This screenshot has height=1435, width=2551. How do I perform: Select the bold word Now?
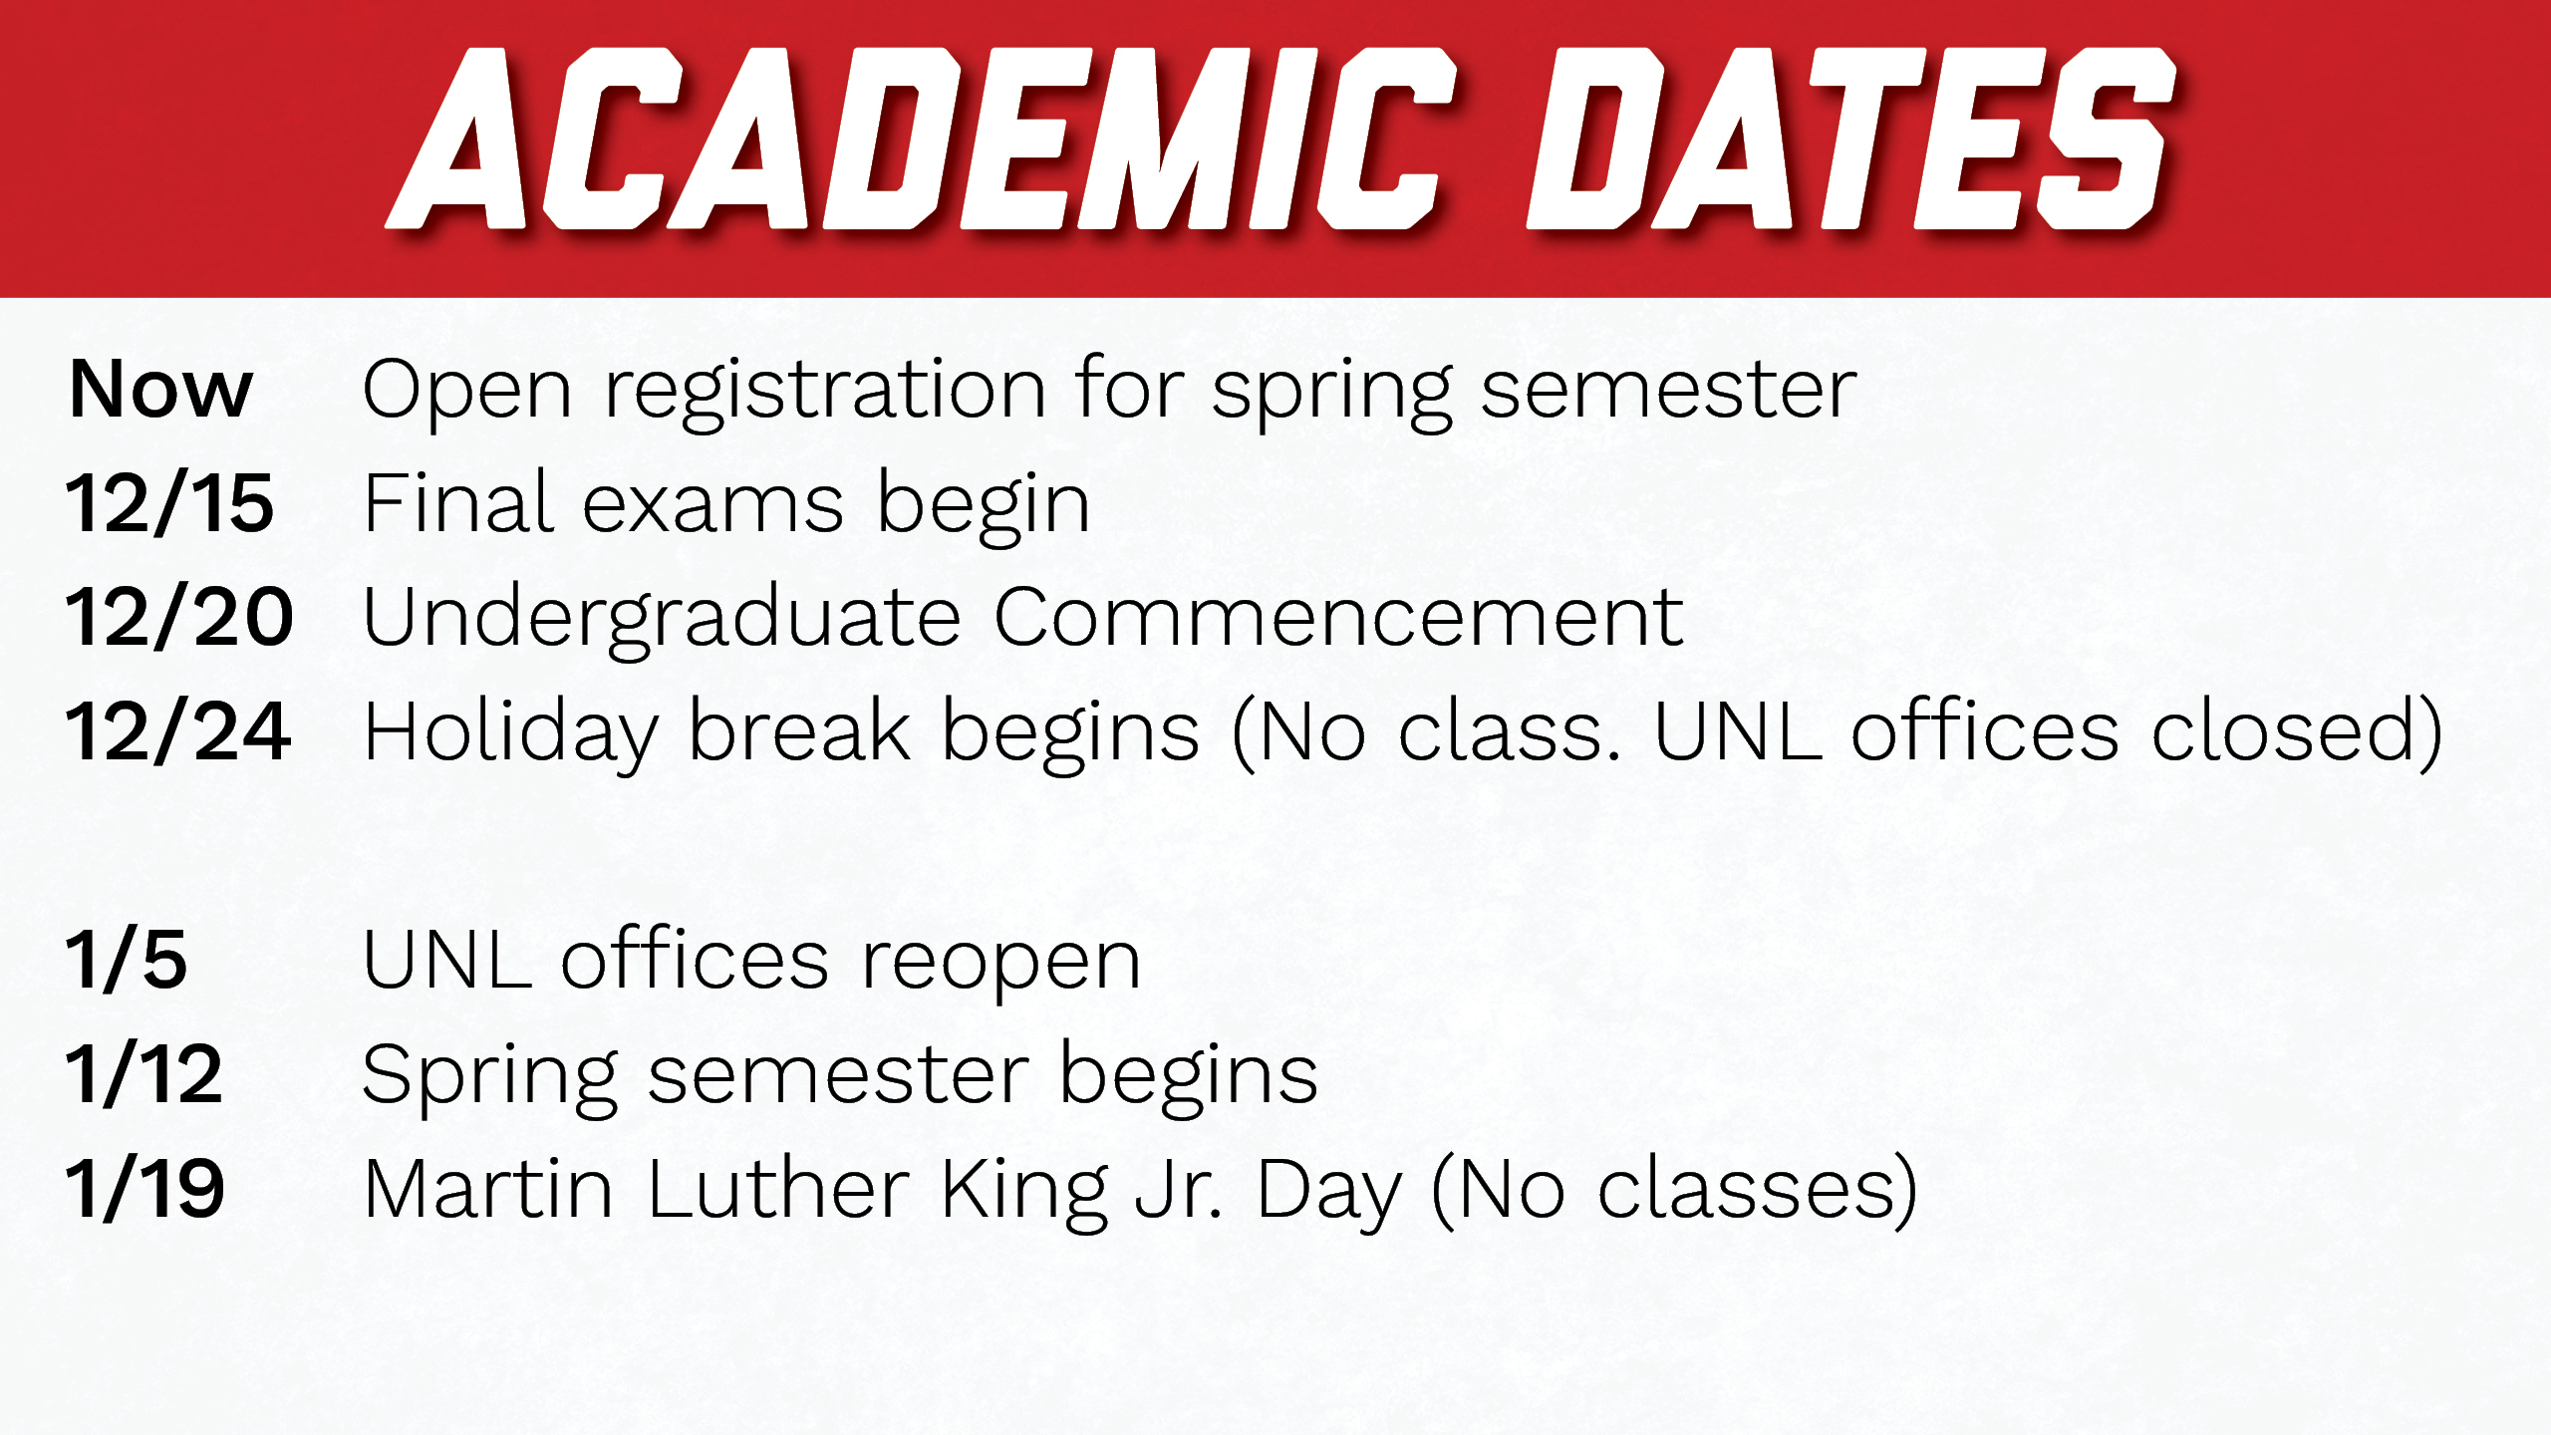160,390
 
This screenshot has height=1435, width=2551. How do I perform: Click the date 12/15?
169,504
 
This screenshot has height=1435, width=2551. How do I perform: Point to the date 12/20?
179,618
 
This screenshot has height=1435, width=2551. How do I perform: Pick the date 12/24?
178,732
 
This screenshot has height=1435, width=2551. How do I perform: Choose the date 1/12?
143,1074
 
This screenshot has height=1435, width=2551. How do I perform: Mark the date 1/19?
144,1189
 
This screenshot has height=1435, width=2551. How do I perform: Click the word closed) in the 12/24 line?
2296,732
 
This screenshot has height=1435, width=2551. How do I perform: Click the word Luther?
777,1189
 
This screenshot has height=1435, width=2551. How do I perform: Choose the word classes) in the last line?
1757,1189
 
